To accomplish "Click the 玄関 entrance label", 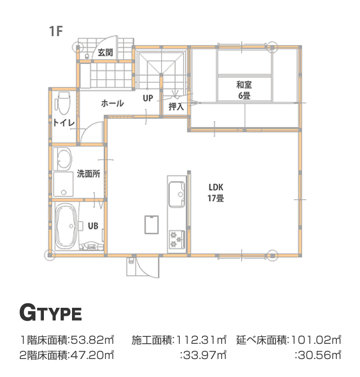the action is [105, 52].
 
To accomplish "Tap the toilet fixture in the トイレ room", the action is [63, 103].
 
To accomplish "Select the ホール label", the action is [112, 104].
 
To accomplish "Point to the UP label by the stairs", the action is [148, 98].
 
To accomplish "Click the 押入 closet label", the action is [176, 106].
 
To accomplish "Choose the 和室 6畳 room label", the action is [244, 90].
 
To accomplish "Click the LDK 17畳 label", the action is [216, 192].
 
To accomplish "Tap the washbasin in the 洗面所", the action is [62, 159].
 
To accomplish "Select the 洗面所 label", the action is [88, 174].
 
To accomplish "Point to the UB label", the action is [93, 226].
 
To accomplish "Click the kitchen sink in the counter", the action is [177, 194].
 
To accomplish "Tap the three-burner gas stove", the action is [177, 240].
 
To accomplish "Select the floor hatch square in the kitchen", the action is [151, 225].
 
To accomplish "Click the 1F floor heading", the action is [56, 32].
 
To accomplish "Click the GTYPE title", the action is [51, 313].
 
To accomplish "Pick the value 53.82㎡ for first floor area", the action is [92, 340].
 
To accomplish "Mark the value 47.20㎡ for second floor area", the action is [92, 355].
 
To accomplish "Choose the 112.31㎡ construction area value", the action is [201, 340].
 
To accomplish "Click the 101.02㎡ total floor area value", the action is [316, 340].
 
